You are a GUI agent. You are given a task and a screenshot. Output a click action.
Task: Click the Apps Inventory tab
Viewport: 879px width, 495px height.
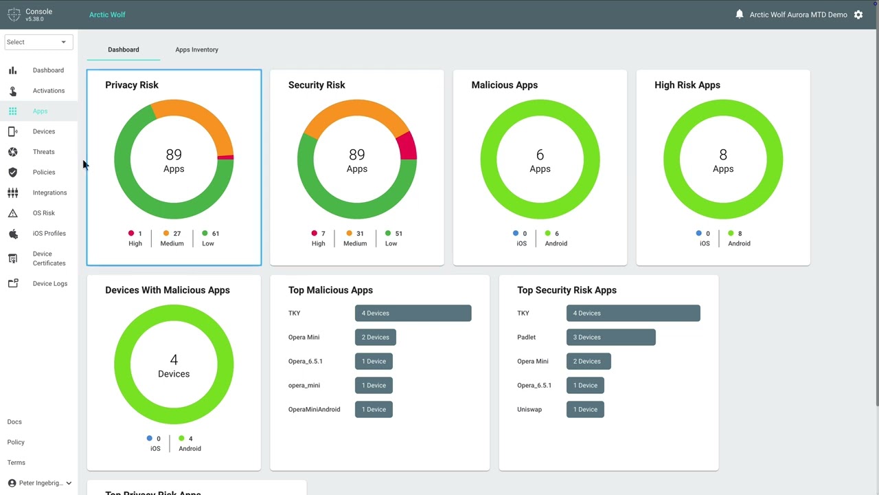click(x=196, y=49)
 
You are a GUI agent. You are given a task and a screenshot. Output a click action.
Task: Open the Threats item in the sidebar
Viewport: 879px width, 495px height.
click(x=43, y=152)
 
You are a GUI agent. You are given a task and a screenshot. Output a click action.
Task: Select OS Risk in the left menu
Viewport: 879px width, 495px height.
click(x=43, y=213)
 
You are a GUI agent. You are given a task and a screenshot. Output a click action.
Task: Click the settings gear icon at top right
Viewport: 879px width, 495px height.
click(x=858, y=14)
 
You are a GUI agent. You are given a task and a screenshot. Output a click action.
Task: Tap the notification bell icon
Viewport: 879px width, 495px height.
click(x=740, y=14)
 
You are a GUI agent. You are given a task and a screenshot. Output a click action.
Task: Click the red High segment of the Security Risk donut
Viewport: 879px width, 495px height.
click(x=409, y=146)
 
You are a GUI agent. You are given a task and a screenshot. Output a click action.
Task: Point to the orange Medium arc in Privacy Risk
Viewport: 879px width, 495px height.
click(x=196, y=120)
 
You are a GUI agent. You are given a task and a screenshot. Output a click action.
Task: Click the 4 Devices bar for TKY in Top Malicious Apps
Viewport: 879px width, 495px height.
click(x=413, y=313)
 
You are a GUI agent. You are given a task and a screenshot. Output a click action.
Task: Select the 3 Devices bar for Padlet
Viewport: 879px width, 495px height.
click(x=610, y=337)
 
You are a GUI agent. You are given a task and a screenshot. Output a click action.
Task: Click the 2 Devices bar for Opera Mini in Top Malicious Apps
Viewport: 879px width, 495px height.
click(x=375, y=337)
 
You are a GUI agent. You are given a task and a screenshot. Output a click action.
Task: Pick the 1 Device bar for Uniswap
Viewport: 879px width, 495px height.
click(x=585, y=409)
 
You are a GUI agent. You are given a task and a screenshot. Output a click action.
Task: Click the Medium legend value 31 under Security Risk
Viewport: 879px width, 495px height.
click(x=360, y=233)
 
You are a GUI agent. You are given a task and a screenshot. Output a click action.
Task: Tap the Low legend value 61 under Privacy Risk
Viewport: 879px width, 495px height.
click(x=216, y=233)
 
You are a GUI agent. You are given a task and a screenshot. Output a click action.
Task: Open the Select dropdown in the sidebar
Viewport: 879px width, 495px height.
click(x=38, y=42)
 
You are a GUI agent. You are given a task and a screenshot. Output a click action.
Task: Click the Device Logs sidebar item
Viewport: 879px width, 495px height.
click(x=50, y=284)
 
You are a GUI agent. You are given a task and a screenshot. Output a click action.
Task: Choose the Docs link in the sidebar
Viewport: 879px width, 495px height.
click(x=14, y=421)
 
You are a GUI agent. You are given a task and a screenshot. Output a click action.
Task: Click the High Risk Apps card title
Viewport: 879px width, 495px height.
click(x=687, y=85)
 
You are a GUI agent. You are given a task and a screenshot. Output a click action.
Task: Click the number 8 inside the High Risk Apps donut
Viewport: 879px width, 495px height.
click(x=723, y=155)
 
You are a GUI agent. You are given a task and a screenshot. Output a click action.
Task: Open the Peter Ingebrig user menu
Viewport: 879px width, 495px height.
click(x=40, y=483)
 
